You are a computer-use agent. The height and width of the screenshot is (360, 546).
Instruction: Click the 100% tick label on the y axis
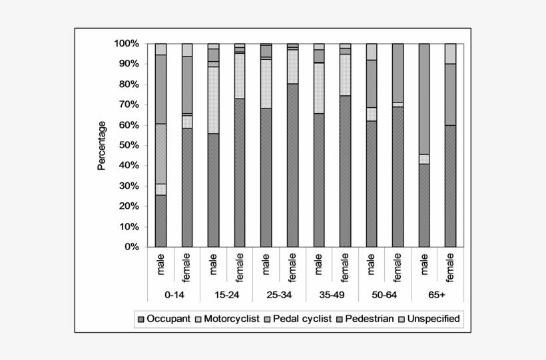pos(126,43)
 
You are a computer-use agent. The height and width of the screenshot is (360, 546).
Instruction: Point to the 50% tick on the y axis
pos(129,145)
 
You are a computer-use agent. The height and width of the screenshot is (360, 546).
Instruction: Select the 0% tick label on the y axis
pos(131,247)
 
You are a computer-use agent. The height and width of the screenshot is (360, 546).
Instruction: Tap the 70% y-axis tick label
pos(129,104)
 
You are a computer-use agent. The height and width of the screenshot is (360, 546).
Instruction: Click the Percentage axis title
pos(102,145)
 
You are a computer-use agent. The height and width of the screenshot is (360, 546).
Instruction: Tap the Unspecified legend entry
pos(430,319)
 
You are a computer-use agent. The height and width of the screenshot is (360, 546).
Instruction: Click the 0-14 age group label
pos(174,293)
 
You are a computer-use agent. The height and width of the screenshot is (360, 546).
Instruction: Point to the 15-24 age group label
pos(226,293)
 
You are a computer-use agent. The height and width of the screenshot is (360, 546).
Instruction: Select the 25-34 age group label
pos(280,293)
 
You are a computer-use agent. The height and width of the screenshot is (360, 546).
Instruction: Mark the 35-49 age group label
pos(332,293)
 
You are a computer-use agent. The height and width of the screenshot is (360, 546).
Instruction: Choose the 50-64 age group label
pos(385,293)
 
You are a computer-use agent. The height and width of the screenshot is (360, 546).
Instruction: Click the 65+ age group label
pos(437,293)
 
